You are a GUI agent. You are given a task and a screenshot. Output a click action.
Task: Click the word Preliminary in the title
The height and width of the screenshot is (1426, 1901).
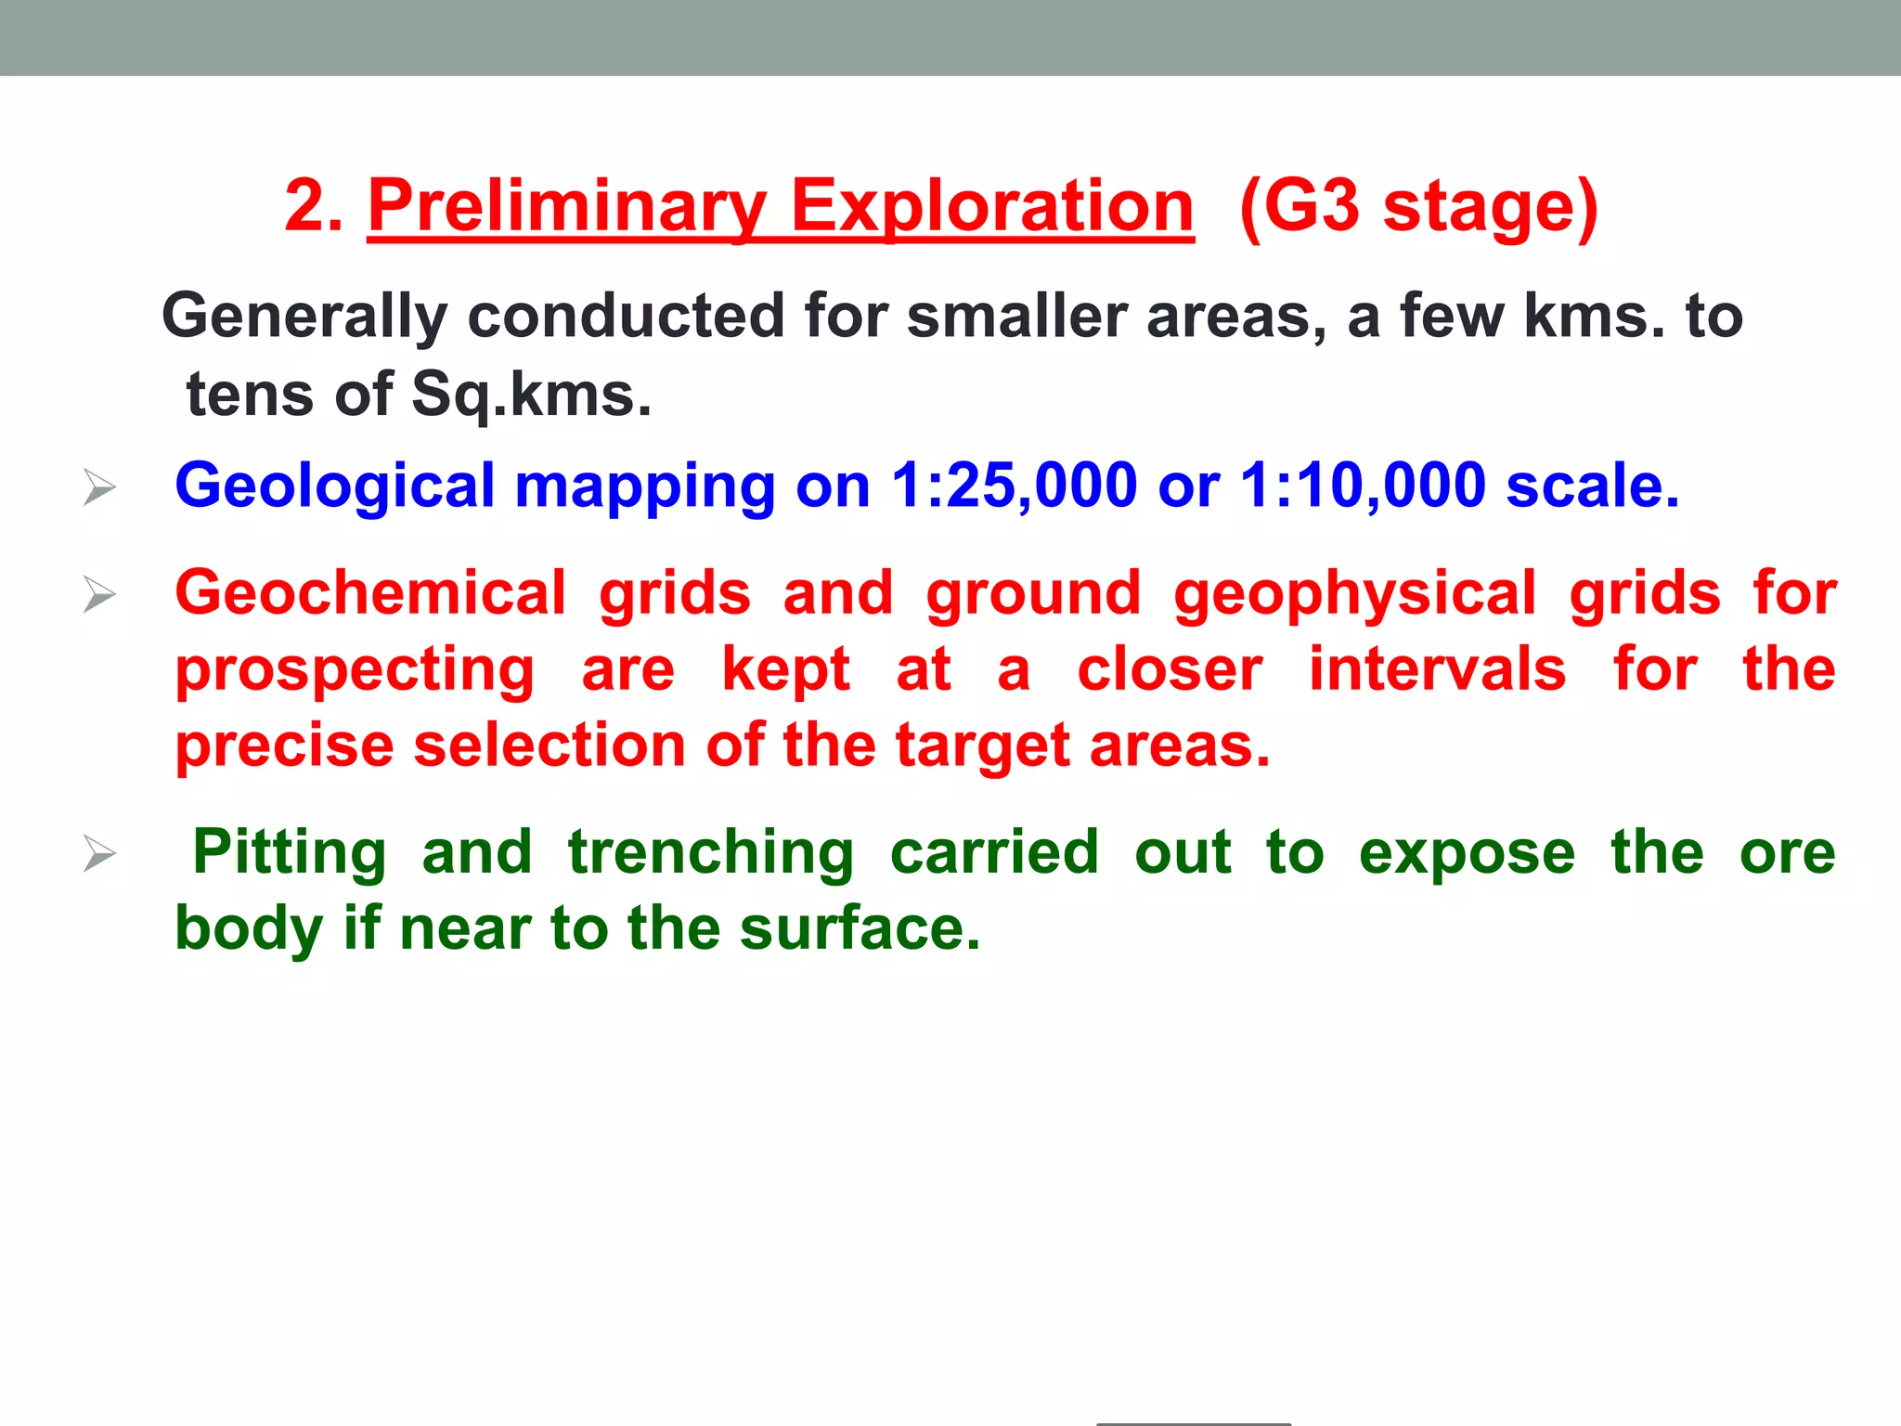(567, 207)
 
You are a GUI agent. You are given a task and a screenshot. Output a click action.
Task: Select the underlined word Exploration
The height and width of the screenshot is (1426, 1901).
(991, 207)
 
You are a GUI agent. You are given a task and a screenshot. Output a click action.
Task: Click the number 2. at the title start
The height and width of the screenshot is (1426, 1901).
(314, 207)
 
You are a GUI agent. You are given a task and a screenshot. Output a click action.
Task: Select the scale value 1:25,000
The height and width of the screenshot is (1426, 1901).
(1014, 486)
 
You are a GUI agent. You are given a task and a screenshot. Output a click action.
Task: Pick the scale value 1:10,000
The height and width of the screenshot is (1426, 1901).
(1363, 486)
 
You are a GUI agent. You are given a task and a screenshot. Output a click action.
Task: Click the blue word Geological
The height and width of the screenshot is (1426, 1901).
(335, 487)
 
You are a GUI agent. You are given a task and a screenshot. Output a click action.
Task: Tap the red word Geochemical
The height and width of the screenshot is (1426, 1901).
(370, 593)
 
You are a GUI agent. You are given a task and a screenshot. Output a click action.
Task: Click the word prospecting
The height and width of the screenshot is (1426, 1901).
(356, 671)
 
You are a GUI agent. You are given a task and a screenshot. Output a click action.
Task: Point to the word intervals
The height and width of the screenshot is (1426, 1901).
(1437, 669)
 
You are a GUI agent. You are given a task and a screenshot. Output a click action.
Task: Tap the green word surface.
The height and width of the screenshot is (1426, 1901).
(859, 928)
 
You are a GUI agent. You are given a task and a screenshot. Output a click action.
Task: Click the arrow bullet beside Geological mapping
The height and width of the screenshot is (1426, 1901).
(99, 487)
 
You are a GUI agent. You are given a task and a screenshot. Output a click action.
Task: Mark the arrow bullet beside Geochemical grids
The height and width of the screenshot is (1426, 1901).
(99, 594)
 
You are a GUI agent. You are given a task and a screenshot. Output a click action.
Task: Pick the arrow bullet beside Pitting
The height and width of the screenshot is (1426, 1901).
(99, 853)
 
